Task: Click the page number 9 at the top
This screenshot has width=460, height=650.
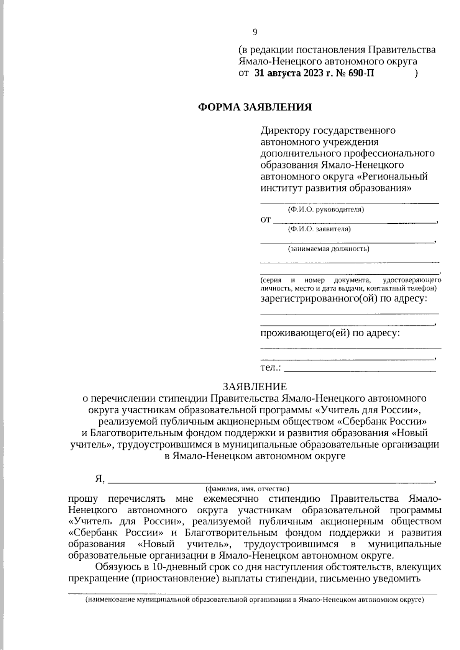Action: (x=255, y=32)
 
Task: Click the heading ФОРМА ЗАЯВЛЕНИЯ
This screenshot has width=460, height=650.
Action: (x=255, y=107)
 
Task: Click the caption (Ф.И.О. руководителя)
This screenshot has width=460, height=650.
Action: (x=326, y=210)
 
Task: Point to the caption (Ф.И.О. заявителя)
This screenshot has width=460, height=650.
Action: (x=319, y=229)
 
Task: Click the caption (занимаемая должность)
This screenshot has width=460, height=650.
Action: (x=329, y=249)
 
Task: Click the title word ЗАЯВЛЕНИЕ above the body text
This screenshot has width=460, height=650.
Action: (x=255, y=386)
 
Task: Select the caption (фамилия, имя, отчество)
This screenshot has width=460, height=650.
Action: (x=247, y=489)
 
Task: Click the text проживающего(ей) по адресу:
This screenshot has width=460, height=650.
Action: (x=330, y=333)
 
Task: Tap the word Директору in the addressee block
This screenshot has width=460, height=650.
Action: (x=285, y=131)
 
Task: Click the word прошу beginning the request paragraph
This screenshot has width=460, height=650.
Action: (x=82, y=499)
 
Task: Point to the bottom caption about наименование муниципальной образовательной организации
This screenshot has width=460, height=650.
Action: (x=255, y=600)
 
